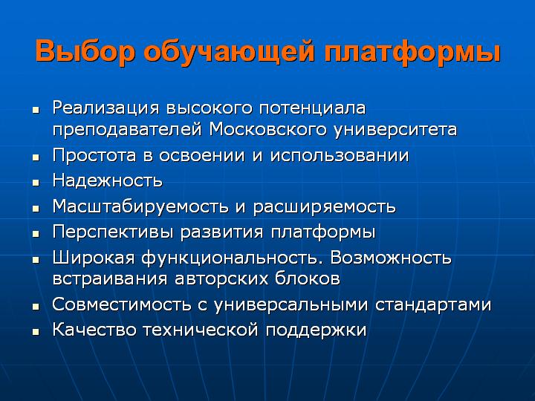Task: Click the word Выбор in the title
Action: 85,52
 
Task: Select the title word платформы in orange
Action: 412,52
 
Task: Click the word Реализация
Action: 106,108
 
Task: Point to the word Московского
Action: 268,129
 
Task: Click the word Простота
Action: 94,156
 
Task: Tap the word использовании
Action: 340,156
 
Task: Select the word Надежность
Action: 108,180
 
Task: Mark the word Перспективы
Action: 113,232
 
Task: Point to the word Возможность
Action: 391,258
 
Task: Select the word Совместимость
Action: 121,304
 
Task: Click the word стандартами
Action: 433,305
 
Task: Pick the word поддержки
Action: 316,330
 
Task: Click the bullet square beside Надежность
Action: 36,183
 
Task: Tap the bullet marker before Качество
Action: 36,332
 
